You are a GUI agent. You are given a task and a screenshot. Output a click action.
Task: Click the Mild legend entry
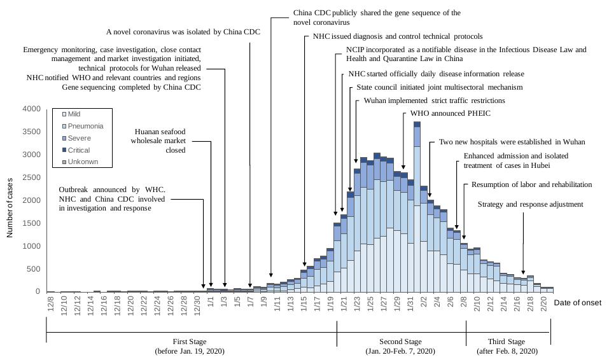(74, 114)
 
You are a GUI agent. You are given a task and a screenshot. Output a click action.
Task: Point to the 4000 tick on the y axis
(31, 109)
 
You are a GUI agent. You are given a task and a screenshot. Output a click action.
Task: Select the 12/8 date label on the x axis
(51, 304)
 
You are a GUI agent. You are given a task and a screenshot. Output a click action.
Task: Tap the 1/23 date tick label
(356, 304)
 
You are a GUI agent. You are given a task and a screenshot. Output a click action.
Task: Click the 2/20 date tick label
(543, 304)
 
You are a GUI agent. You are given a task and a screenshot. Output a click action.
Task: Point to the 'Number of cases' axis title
(10, 200)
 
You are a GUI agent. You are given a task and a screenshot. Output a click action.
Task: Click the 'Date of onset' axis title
(577, 303)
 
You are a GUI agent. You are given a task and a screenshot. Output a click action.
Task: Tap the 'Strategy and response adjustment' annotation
(530, 204)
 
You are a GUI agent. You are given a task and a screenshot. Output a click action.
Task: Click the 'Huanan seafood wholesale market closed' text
(158, 141)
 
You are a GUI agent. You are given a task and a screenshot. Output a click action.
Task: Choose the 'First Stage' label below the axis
(190, 342)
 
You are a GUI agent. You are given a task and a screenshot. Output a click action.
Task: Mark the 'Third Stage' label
(508, 342)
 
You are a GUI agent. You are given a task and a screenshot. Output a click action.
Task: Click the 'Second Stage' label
(400, 342)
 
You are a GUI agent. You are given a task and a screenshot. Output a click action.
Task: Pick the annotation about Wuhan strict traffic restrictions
(434, 100)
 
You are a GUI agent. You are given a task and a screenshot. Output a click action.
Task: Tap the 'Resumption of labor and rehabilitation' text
(531, 184)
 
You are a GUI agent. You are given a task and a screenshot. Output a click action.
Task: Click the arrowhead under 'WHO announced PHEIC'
(403, 168)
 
